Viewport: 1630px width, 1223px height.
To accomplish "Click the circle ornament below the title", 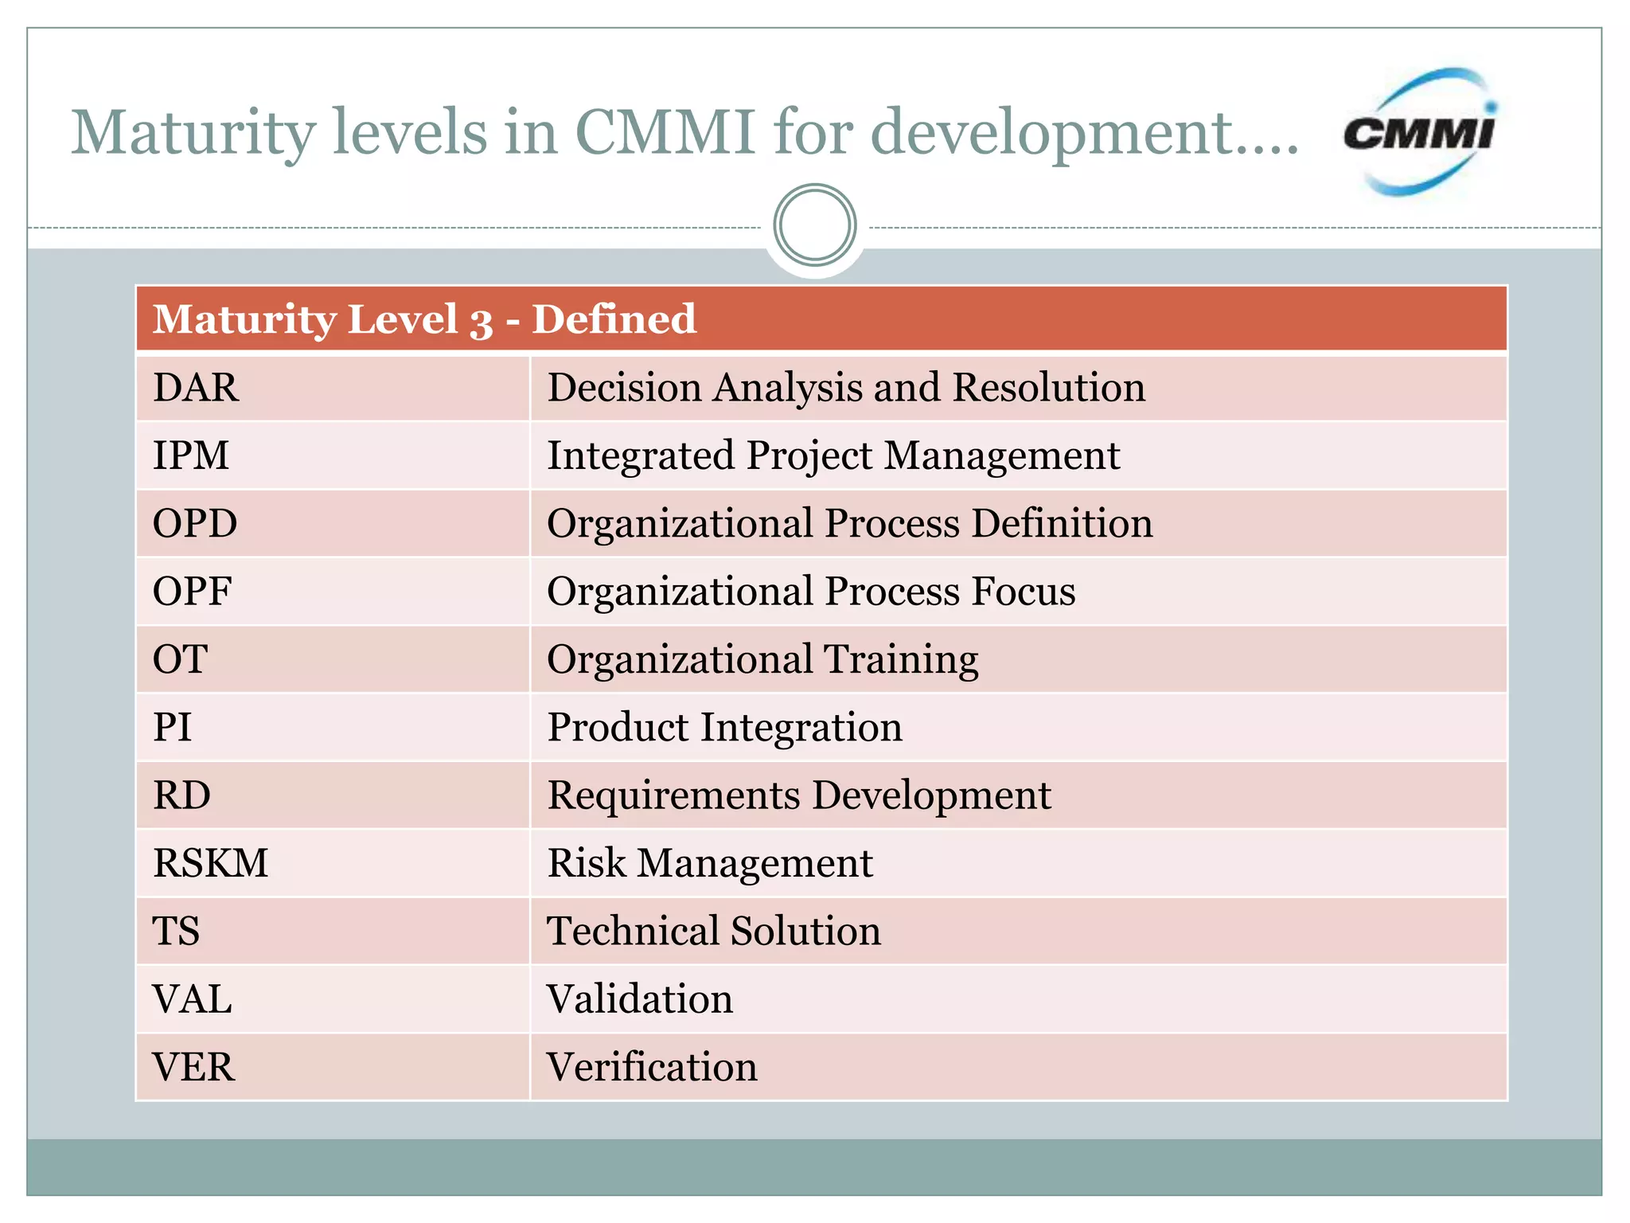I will (814, 225).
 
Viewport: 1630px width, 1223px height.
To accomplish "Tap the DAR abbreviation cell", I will (196, 388).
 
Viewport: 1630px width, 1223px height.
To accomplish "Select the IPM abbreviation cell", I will (191, 456).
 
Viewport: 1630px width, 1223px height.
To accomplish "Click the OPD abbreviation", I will (195, 524).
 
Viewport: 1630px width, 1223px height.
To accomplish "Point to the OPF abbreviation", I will (192, 592).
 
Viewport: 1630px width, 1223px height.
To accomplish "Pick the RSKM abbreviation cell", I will (211, 863).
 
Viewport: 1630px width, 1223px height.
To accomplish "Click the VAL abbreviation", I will (193, 999).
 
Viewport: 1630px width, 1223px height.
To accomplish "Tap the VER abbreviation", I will (193, 1067).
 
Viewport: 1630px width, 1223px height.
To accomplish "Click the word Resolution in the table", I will (1049, 388).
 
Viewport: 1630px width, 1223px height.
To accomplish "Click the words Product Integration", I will (725, 728).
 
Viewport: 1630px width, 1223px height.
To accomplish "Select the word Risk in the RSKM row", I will (587, 863).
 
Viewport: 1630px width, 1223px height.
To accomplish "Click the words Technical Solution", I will (714, 931).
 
